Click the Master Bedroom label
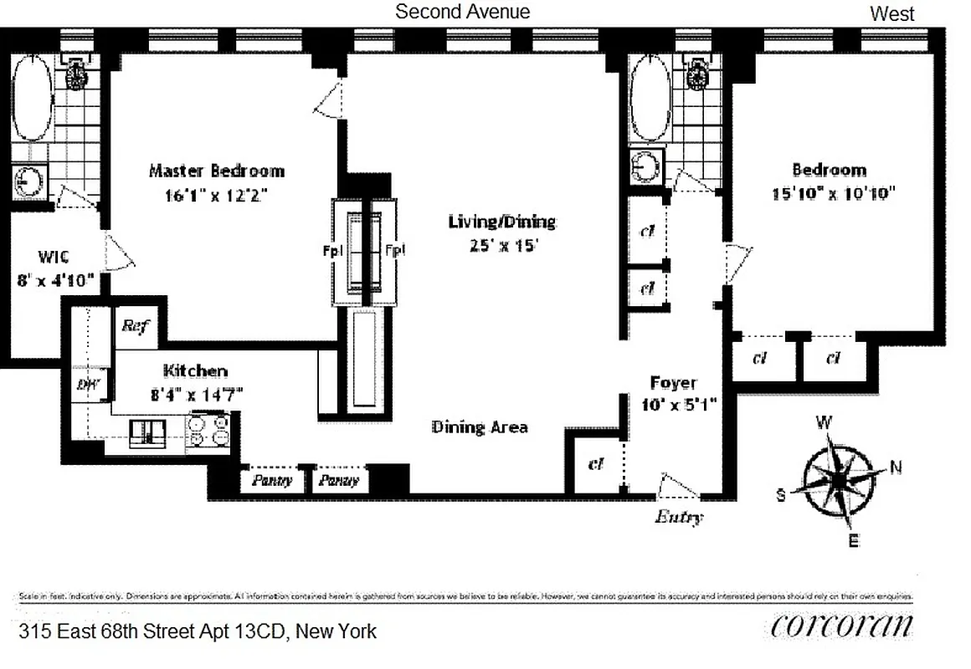(x=216, y=171)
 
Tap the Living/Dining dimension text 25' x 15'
(x=501, y=245)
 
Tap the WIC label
(x=35, y=256)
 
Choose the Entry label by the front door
(x=678, y=517)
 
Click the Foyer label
(x=673, y=383)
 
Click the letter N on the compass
(x=896, y=468)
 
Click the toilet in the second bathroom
(x=694, y=74)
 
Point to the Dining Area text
(x=480, y=426)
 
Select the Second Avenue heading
(x=462, y=12)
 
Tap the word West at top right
(x=892, y=13)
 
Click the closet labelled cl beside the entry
(x=596, y=462)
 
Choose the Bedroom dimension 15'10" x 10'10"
(x=834, y=194)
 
